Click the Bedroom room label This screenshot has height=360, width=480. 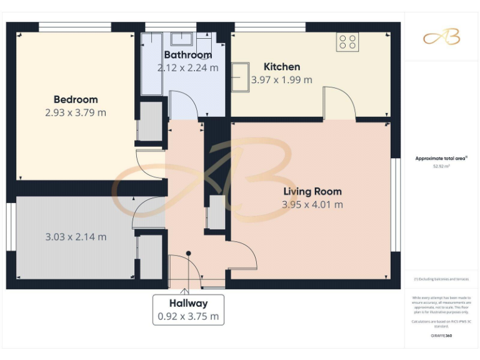[76, 99]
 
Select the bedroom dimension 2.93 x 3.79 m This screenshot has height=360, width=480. [76, 113]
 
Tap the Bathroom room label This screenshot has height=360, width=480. [187, 55]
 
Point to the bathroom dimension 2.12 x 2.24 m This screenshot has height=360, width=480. [187, 67]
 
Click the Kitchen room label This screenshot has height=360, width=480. [281, 67]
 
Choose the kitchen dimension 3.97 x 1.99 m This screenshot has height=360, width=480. [281, 80]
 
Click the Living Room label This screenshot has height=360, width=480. [312, 191]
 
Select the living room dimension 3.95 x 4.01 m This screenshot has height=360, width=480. [312, 204]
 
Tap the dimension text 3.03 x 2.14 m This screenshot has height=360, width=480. [76, 237]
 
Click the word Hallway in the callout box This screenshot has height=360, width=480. [188, 303]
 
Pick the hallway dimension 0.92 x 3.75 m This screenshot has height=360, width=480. [188, 316]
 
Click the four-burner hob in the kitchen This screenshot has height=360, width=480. [347, 42]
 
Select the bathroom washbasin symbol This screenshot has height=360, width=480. [181, 39]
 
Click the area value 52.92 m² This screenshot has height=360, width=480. [441, 167]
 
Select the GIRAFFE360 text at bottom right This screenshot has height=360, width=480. [441, 336]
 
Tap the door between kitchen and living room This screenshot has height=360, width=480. [338, 104]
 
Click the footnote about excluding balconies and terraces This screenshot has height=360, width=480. [441, 279]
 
